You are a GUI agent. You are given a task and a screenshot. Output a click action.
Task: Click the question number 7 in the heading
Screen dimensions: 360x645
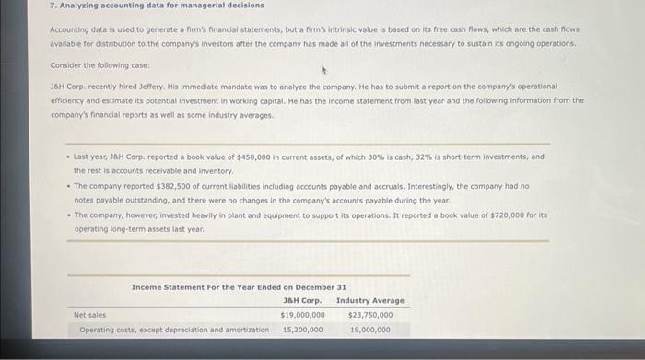[52, 5]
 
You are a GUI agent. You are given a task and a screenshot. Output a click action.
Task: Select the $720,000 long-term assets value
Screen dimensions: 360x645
[506, 215]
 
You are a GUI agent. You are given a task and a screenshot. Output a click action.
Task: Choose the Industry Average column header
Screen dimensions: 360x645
[369, 300]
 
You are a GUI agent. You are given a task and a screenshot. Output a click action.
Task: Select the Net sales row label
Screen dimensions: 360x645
[90, 315]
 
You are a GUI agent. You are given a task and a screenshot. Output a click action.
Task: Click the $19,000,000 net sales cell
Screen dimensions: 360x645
[302, 315]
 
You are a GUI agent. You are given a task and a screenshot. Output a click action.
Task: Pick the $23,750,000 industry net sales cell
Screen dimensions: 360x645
[370, 315]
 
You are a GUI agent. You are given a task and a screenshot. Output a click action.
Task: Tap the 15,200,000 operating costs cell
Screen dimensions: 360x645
[302, 329]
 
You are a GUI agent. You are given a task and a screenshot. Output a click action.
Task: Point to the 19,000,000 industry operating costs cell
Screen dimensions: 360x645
[370, 329]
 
